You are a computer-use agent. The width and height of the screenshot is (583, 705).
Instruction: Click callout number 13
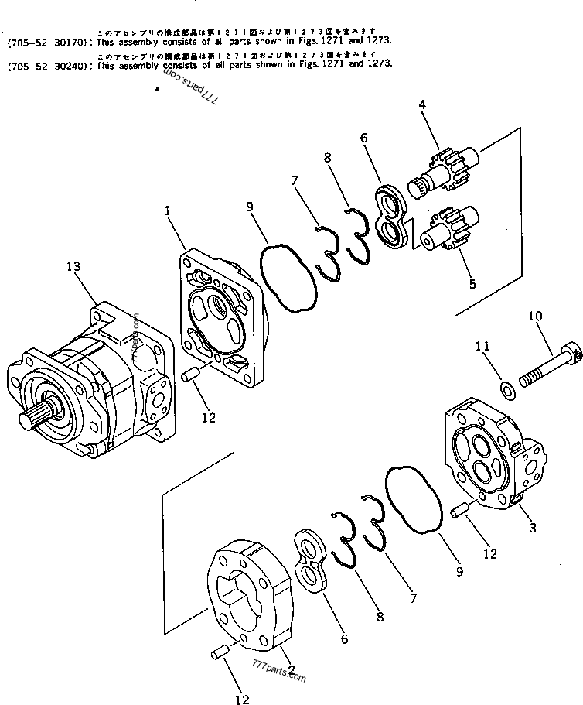click(73, 267)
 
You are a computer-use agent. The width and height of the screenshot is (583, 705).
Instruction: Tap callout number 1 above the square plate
click(167, 210)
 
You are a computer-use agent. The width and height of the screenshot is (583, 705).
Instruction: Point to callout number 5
click(472, 284)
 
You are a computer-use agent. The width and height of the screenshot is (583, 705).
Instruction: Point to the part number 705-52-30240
click(48, 67)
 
